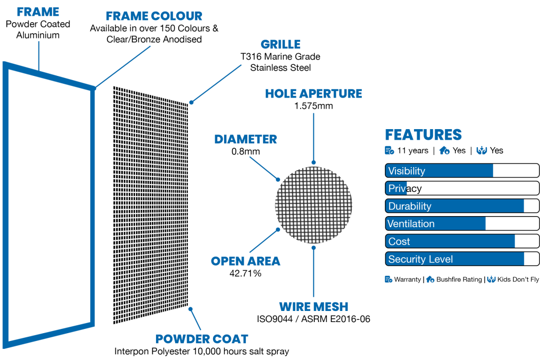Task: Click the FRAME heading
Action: pos(38,12)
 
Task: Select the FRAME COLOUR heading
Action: pos(154,16)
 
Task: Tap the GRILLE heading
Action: pos(281,44)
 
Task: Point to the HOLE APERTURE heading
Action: pos(313,94)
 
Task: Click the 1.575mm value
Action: pos(313,106)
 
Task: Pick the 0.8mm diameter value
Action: pos(246,151)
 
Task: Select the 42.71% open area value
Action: pos(245,273)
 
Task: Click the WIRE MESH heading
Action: pos(313,307)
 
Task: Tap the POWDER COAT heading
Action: pos(202,339)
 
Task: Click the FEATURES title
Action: pos(423,135)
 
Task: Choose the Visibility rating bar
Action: pos(462,171)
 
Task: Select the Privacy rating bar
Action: pos(462,188)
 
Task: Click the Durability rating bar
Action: pos(462,206)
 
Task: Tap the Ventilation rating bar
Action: pos(462,223)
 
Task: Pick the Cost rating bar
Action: pos(462,241)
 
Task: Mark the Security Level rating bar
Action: pos(462,259)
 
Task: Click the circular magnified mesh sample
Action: pos(313,205)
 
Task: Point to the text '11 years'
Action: pos(412,151)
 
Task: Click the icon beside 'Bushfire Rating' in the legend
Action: pos(430,279)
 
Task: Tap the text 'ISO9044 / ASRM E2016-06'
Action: pos(313,319)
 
